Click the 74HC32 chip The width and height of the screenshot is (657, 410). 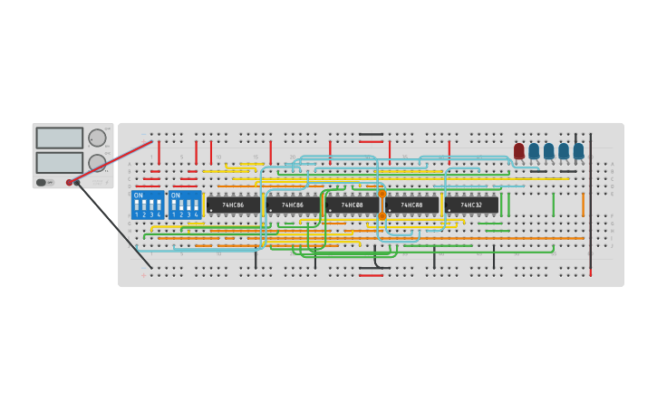coord(471,205)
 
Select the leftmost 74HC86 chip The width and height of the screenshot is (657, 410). coord(233,205)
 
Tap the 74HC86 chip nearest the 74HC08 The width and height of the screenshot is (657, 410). coord(293,205)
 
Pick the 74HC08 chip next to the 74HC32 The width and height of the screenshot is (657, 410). coord(411,205)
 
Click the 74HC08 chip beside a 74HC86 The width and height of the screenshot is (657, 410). coord(353,205)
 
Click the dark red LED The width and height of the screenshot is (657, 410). coord(519,150)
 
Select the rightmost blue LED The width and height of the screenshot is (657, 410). coord(578,150)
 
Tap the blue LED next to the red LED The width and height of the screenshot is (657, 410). coord(534,150)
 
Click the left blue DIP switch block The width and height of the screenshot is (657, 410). coord(148,205)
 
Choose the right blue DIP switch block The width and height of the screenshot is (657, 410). coord(185,205)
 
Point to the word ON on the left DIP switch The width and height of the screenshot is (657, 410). coord(138,195)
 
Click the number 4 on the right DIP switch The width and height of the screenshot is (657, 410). coord(196,215)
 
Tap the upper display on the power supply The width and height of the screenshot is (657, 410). coord(60,138)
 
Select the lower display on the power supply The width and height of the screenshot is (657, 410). coord(60,163)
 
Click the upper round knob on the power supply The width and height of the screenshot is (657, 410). coord(97,138)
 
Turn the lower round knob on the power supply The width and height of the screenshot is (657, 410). coord(97,163)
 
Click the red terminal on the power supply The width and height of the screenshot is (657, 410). coord(69,183)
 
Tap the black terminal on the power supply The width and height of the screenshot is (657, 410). coord(77,183)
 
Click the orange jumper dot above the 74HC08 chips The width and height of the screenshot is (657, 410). coord(382,194)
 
